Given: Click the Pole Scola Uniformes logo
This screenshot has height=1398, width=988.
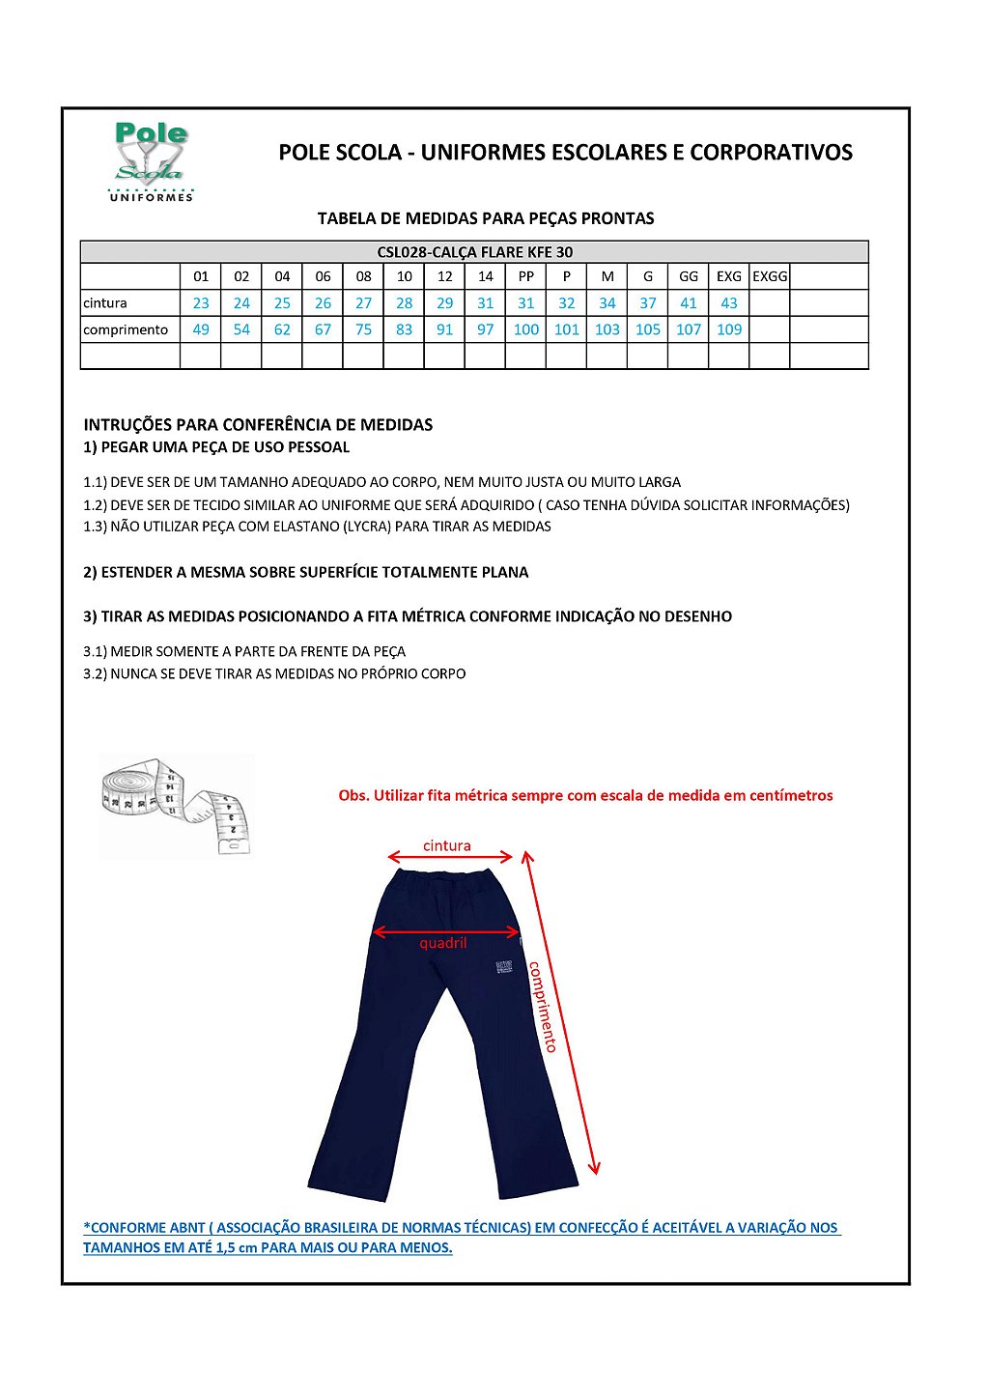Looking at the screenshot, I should click(x=151, y=161).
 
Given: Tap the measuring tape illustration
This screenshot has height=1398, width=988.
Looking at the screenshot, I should click(x=175, y=807).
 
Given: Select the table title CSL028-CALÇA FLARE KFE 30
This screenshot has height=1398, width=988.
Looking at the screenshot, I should click(x=474, y=252).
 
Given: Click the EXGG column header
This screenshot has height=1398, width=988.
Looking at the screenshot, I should click(x=770, y=276).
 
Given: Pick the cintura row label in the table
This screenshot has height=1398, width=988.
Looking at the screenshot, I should click(x=105, y=303).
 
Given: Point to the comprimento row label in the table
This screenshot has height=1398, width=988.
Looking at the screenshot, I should click(x=126, y=329).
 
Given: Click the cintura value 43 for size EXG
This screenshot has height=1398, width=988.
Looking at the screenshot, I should click(x=729, y=303).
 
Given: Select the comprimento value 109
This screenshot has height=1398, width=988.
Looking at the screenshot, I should click(x=729, y=329).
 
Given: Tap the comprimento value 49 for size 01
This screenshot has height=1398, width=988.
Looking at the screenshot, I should click(x=201, y=329).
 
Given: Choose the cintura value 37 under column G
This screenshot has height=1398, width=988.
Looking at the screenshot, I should click(x=648, y=303).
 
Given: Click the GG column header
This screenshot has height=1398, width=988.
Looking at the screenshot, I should click(x=689, y=276).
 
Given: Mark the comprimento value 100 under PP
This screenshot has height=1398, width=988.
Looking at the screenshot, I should click(x=526, y=329).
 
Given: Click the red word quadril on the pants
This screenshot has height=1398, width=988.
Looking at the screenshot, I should click(x=443, y=943).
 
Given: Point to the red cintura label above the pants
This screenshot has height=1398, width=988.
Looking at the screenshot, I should click(x=447, y=846).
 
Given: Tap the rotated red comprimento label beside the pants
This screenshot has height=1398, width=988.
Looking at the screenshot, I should click(x=542, y=1006).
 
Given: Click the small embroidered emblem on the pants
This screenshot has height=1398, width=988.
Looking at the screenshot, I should click(x=504, y=966).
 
